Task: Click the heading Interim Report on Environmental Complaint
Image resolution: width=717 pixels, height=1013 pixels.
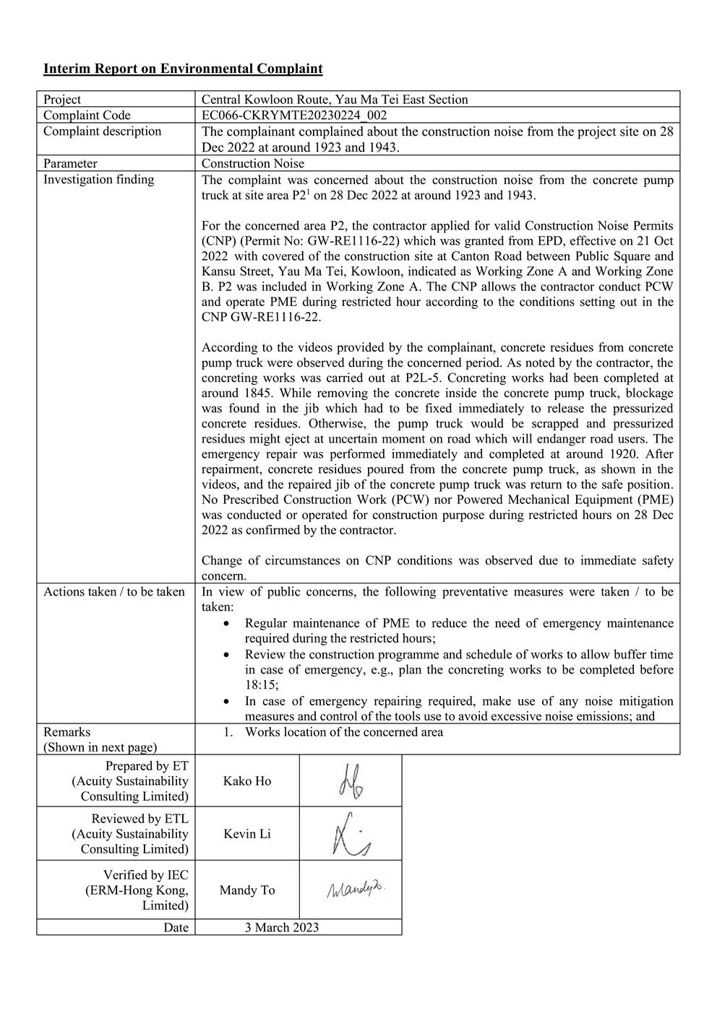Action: [x=183, y=69]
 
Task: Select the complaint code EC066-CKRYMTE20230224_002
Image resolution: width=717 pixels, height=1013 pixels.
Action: [x=294, y=116]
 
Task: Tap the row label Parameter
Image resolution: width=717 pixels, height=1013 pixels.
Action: [x=70, y=164]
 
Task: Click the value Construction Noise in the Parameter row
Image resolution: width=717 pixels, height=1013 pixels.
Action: [x=253, y=164]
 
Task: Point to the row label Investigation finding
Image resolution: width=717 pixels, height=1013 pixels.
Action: [x=98, y=180]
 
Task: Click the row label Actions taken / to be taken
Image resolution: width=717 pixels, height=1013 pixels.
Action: [x=114, y=592]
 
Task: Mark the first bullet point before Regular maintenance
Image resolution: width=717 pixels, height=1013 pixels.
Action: [x=228, y=623]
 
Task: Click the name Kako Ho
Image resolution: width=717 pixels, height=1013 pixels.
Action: [x=247, y=781]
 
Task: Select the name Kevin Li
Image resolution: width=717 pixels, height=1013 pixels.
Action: [x=247, y=834]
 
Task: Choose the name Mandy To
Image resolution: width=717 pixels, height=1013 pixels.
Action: [x=247, y=890]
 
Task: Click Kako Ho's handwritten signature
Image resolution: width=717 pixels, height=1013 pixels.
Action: [x=350, y=781]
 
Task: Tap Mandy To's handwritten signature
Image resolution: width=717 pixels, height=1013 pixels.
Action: [x=354, y=890]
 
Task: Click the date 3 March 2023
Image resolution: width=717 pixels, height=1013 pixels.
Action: [x=281, y=928]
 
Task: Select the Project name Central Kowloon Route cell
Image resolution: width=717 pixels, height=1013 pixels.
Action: [x=334, y=100]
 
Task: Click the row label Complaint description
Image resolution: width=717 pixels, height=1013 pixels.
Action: [x=102, y=131]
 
